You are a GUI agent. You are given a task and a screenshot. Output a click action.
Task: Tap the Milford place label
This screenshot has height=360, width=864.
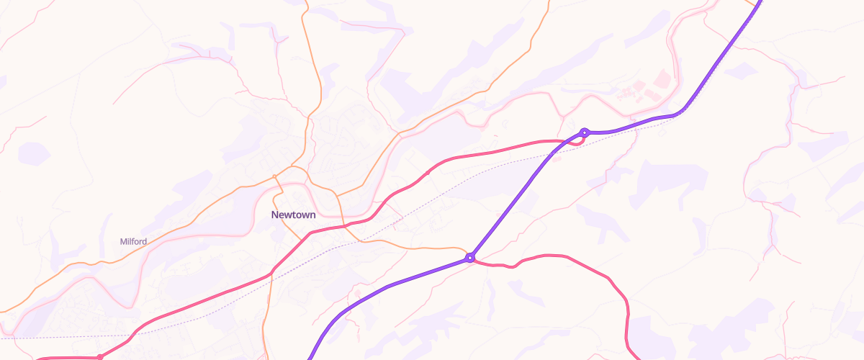pyautogui.click(x=133, y=241)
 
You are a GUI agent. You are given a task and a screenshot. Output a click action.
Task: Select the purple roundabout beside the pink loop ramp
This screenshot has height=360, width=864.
pyautogui.click(x=585, y=132)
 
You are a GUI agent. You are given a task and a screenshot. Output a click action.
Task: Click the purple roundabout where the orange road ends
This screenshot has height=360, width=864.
pyautogui.click(x=470, y=257)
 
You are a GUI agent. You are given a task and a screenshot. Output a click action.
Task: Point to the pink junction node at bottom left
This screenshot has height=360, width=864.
pyautogui.click(x=100, y=357)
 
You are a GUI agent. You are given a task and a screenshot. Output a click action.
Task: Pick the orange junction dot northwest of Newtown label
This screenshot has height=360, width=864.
pyautogui.click(x=274, y=176)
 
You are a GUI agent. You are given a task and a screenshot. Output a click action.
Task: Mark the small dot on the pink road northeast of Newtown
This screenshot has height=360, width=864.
pyautogui.click(x=428, y=173)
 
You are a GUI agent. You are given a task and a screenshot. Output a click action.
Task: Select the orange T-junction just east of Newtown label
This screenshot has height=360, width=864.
pyautogui.click(x=336, y=196)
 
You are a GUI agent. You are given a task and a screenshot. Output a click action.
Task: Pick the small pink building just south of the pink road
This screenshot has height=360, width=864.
pyautogui.click(x=495, y=135)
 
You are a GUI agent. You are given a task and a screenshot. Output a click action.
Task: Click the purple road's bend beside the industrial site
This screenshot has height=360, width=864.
pyautogui.click(x=677, y=114)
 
